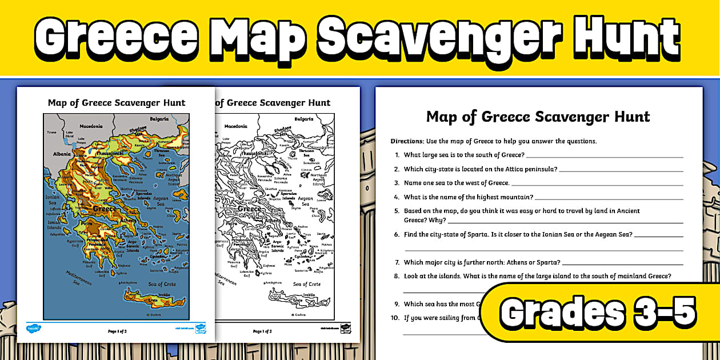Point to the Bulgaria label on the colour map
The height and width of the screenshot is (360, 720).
(x=159, y=119)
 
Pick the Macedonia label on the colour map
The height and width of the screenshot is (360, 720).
(x=91, y=126)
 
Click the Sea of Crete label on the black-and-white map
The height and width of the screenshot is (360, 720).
(x=307, y=284)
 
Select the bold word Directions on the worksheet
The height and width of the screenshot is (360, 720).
(x=406, y=141)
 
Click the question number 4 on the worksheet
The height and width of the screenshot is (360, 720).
(x=397, y=197)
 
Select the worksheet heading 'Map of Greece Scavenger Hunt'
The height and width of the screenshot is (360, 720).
(x=538, y=117)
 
